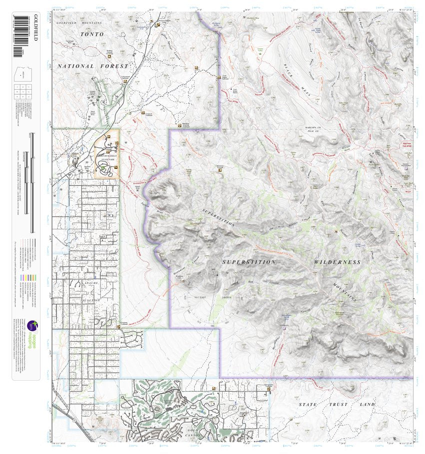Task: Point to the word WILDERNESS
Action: point(337,262)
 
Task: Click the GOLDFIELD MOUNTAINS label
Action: point(79,23)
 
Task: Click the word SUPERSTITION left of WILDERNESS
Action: point(249,262)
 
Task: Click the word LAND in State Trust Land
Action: point(367,405)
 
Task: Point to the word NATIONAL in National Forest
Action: point(75,66)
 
